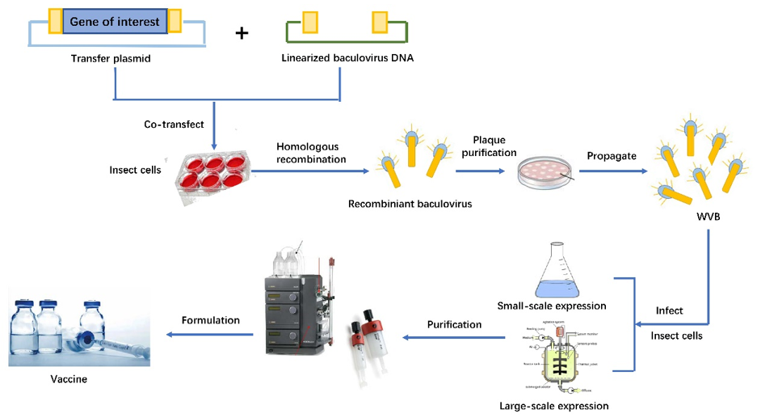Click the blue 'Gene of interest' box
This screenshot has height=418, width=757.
(115, 22)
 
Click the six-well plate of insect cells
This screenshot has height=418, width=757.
(212, 173)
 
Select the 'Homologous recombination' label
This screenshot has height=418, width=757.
(312, 153)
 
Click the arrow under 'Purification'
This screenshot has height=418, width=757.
(452, 338)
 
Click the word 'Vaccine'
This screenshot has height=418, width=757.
(65, 378)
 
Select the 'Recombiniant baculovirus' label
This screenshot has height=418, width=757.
(410, 204)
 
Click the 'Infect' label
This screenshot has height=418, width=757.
(670, 310)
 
